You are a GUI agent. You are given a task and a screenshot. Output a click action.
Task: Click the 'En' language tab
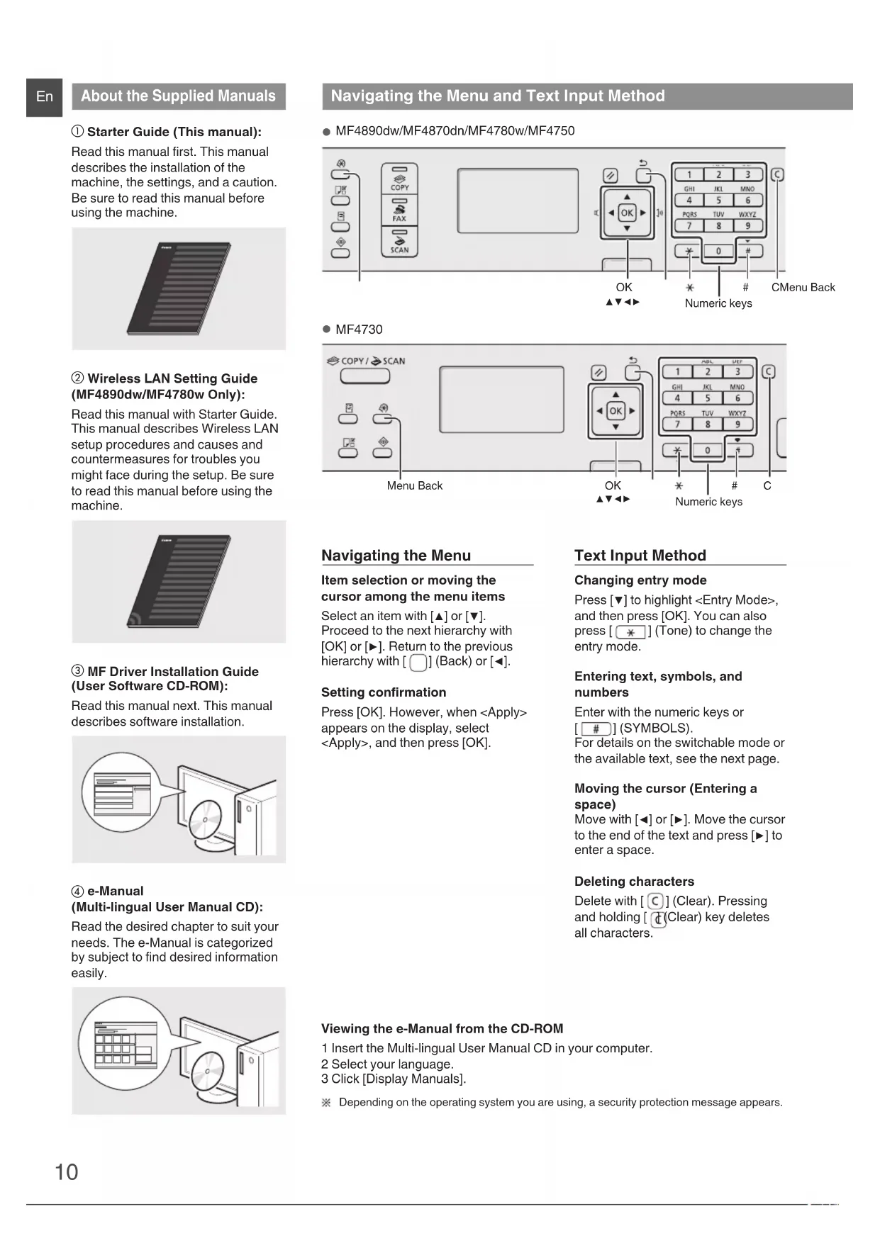[44, 96]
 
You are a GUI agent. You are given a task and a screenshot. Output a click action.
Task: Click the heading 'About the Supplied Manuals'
[178, 96]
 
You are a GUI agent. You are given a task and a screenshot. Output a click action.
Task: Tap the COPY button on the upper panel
[400, 179]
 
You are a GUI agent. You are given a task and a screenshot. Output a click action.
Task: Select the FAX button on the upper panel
[400, 210]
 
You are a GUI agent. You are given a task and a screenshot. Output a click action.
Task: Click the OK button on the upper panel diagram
[627, 213]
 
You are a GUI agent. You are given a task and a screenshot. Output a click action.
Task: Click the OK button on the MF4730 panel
[616, 411]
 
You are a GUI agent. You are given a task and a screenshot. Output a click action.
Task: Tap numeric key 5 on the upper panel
[718, 201]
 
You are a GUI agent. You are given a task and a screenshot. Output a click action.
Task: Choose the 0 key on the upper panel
[718, 251]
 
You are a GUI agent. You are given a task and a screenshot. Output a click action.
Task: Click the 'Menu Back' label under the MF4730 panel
[414, 486]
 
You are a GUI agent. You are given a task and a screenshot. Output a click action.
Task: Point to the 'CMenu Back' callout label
[803, 288]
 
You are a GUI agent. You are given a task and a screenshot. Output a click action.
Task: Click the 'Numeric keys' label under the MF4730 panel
[708, 502]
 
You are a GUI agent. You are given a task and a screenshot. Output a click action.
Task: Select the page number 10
[67, 1172]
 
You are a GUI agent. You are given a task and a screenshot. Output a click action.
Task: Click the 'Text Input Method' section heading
[640, 556]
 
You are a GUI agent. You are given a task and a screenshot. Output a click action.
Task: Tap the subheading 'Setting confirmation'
[384, 692]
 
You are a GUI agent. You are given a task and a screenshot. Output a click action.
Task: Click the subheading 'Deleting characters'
[634, 882]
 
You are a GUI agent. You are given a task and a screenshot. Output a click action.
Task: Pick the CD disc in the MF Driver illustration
[208, 820]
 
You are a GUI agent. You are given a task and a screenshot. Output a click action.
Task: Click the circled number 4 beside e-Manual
[78, 892]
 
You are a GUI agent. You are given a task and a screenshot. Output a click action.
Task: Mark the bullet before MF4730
[327, 330]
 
